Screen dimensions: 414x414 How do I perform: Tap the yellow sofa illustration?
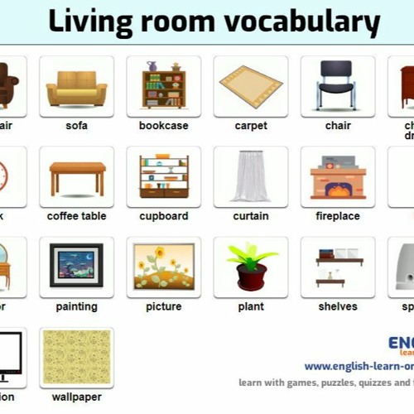click(76, 87)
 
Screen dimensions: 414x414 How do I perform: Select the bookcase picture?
click(163, 85)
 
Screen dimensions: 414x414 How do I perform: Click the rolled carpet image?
click(250, 87)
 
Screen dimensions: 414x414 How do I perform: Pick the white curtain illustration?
click(250, 176)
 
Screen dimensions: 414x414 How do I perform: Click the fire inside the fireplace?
click(338, 190)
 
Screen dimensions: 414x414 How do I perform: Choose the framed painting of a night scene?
click(76, 265)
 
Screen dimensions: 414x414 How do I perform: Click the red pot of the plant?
click(251, 277)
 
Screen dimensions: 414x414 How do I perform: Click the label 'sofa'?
click(76, 126)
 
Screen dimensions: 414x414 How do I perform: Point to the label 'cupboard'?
click(163, 216)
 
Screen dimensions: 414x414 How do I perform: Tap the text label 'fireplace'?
click(338, 216)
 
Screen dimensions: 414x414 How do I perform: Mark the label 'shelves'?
click(338, 306)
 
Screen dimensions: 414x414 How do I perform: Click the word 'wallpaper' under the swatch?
click(76, 397)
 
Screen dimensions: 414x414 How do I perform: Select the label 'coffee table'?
click(76, 216)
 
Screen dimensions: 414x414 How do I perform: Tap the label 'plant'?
click(251, 306)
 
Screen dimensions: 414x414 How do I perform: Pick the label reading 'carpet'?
click(251, 126)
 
